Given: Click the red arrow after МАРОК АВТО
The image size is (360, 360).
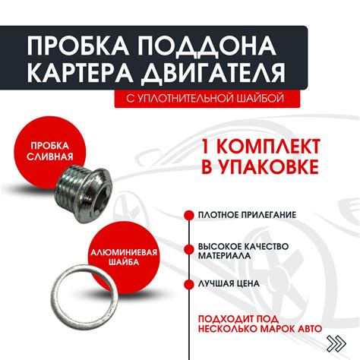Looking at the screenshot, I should pos(333,330).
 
